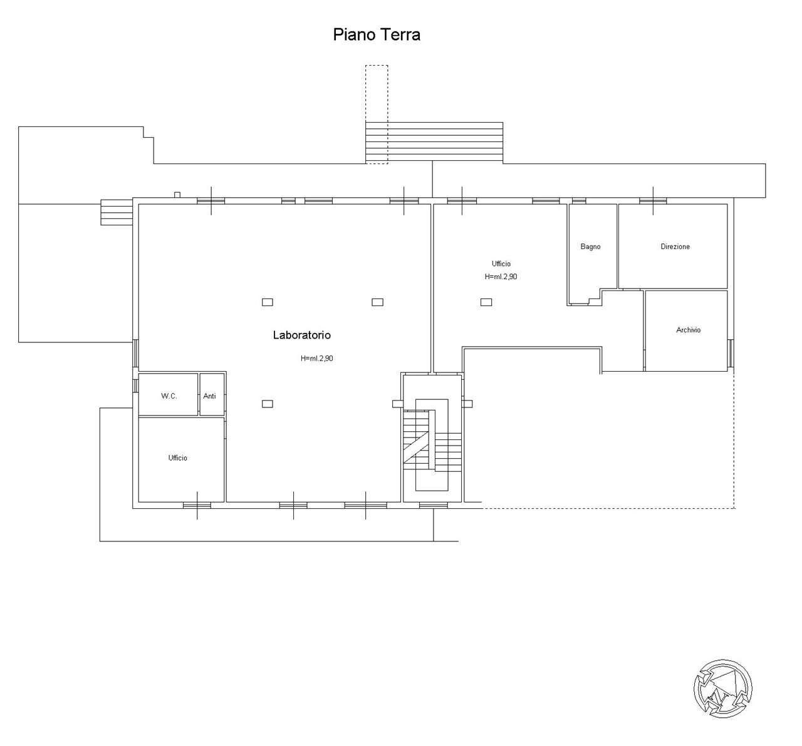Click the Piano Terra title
(377, 34)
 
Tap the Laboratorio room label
(301, 335)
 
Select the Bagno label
(590, 247)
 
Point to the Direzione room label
(675, 247)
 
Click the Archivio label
(689, 330)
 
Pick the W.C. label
(169, 396)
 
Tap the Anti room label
(209, 396)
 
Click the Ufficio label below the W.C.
(178, 458)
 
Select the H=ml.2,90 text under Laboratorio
(316, 358)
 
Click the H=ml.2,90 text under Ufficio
(501, 277)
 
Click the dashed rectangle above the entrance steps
(377, 115)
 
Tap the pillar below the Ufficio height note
(486, 302)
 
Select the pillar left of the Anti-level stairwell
(397, 404)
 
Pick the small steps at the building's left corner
(117, 212)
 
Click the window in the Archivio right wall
(731, 353)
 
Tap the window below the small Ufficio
(197, 505)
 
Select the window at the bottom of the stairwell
(434, 505)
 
